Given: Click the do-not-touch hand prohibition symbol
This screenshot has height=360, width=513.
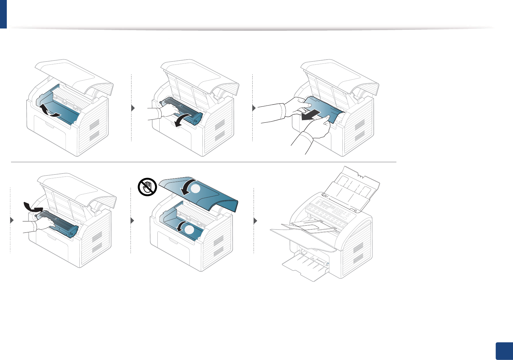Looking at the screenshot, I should click(147, 188).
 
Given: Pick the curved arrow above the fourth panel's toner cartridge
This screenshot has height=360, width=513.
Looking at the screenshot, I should click(33, 206).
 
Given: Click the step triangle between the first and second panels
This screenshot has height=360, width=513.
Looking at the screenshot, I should click(133, 108).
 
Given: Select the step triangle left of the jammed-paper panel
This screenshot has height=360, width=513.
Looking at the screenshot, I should click(254, 108).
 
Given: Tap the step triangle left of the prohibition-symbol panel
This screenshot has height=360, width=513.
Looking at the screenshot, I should click(132, 221).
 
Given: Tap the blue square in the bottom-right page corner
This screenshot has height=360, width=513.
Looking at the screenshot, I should click(504, 351).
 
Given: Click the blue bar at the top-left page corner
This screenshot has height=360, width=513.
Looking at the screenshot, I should click(3, 14).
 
